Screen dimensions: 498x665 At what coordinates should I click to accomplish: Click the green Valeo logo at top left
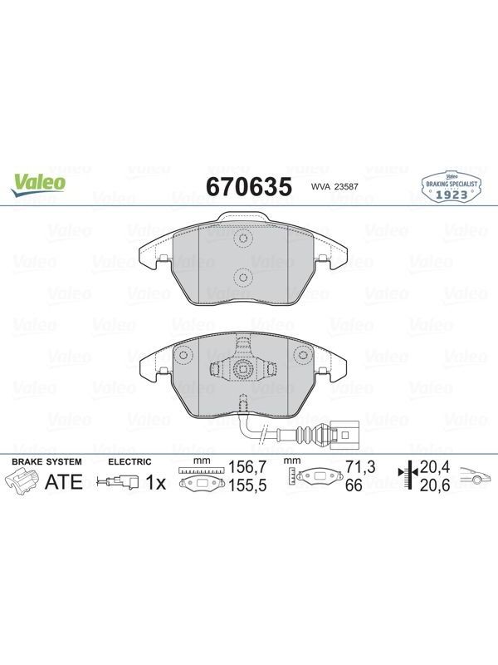tap(38, 185)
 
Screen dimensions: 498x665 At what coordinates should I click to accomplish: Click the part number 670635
tap(249, 186)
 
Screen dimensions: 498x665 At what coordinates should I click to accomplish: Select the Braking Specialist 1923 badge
tap(452, 187)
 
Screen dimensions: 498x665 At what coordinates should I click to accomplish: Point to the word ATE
tap(64, 482)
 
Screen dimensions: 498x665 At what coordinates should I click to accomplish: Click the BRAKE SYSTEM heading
tap(46, 461)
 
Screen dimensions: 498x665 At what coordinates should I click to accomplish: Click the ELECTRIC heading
tap(129, 461)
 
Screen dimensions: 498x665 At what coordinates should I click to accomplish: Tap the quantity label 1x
tap(156, 483)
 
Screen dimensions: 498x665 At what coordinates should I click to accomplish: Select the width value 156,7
tap(247, 467)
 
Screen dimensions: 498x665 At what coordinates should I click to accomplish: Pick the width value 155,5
tap(247, 485)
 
